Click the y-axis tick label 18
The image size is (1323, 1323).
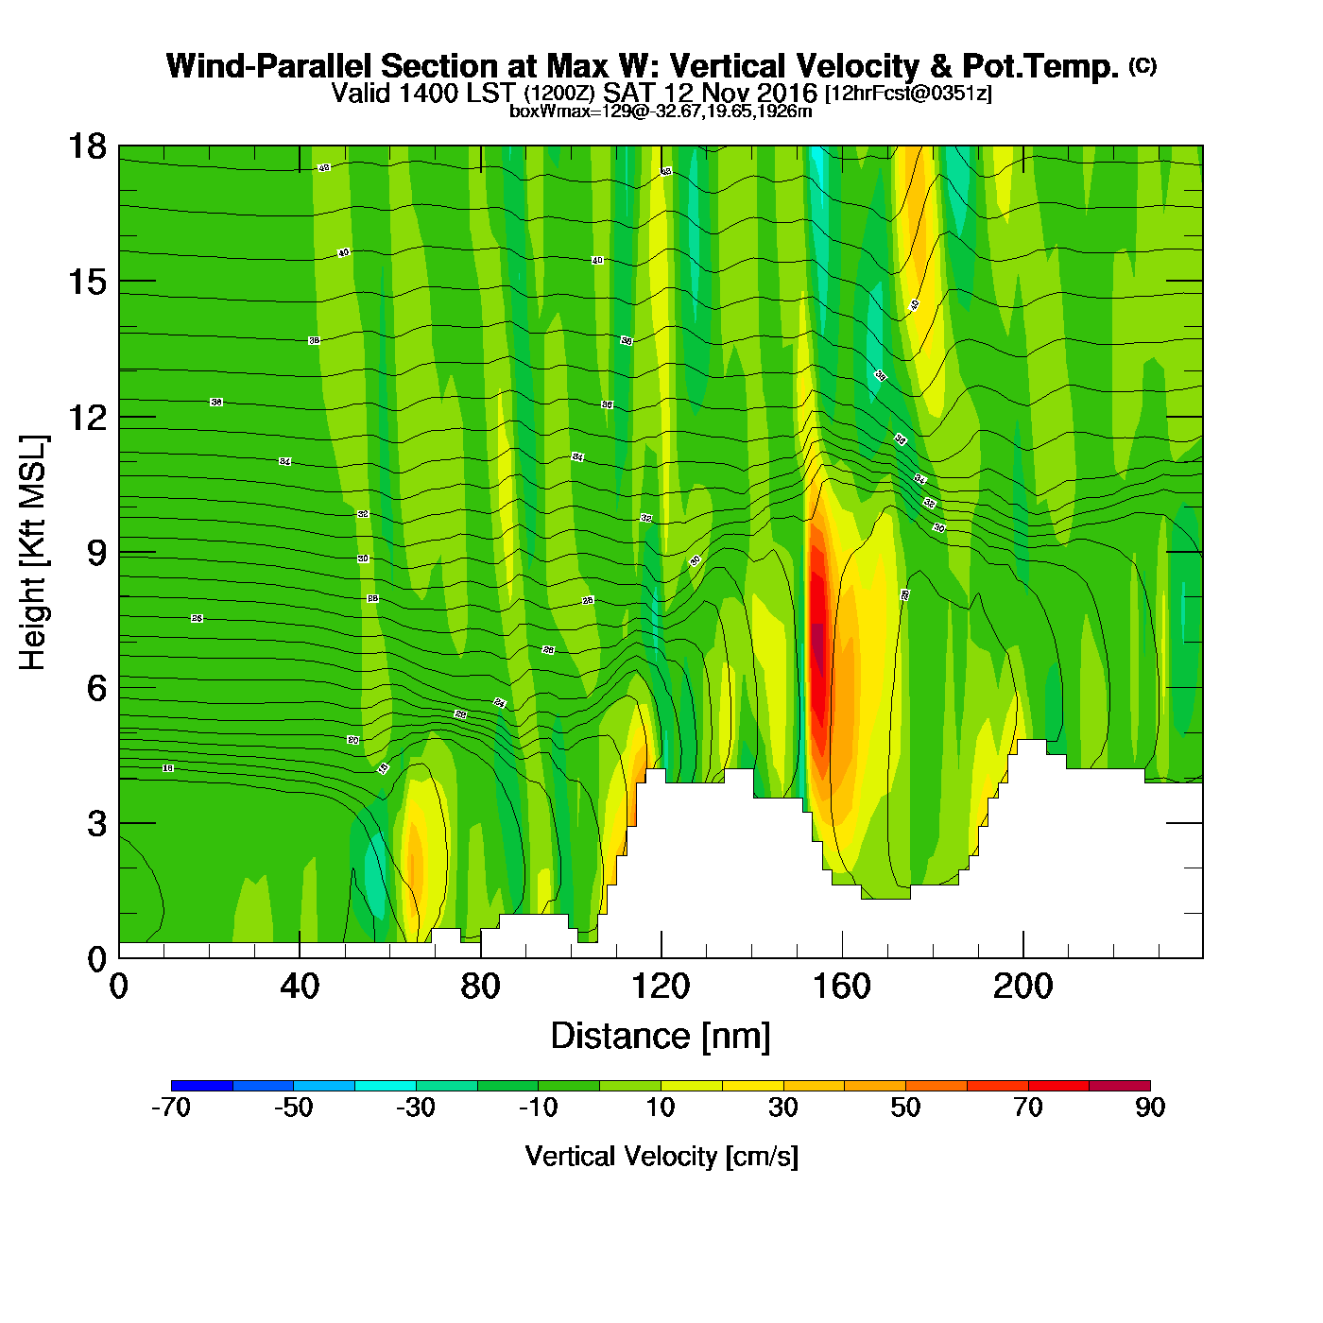pos(86,146)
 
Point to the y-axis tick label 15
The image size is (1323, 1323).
pos(86,282)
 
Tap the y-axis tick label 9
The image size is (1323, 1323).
pos(96,553)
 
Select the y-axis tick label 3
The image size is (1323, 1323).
pos(96,823)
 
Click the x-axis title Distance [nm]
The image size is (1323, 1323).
pos(661,1037)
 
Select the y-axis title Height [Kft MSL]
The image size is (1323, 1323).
pos(33,553)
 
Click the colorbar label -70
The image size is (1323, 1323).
pos(171,1108)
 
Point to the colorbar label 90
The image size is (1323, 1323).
pos(1150,1108)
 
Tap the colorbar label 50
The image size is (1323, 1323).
pos(905,1108)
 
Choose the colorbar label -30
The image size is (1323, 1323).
pos(416,1108)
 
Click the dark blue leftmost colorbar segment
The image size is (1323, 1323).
pos(201,1085)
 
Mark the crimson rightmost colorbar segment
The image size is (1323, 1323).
pos(1120,1085)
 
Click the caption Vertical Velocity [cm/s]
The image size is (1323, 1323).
pos(661,1157)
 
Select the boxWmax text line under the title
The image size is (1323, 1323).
pos(661,112)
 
